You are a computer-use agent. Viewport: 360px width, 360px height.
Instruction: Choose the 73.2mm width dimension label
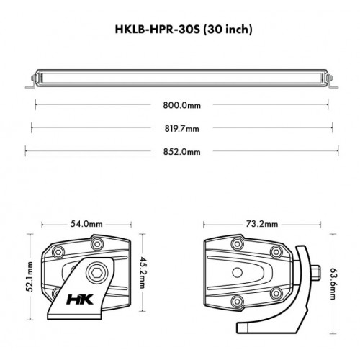pos(261,224)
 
